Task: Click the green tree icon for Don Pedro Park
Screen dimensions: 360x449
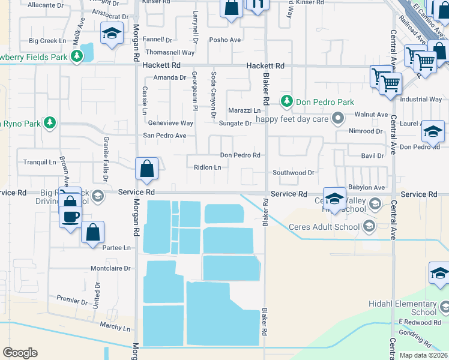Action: (x=288, y=102)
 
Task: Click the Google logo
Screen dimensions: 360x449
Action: (x=20, y=353)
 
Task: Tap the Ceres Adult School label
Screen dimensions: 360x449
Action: (x=324, y=226)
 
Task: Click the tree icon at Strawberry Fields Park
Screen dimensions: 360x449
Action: (x=76, y=56)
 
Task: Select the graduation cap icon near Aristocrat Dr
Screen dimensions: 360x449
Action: (x=112, y=34)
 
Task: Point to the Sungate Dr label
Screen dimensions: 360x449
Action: (x=235, y=123)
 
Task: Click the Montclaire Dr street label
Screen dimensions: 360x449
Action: (x=110, y=268)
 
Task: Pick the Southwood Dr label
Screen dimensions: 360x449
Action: (x=294, y=172)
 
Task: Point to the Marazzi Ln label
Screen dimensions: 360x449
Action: (x=244, y=110)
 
